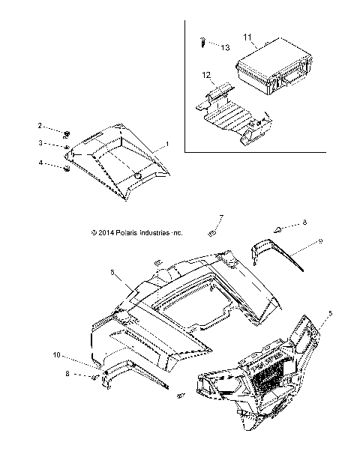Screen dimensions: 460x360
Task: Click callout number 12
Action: (x=206, y=75)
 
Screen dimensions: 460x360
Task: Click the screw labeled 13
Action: (x=202, y=42)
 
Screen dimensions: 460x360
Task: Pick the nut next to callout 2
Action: (x=67, y=134)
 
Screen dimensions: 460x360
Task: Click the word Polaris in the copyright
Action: (x=121, y=232)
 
